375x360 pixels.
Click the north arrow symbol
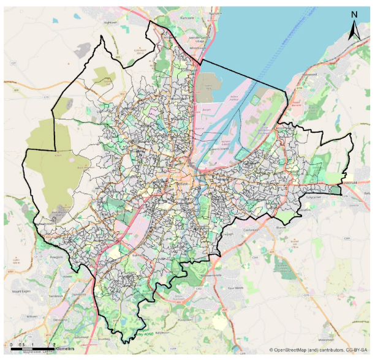[354, 30]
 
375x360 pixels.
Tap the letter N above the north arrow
[354, 14]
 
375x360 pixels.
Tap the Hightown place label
[110, 22]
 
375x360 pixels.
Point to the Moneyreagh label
[318, 337]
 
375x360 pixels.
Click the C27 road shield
[13, 63]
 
